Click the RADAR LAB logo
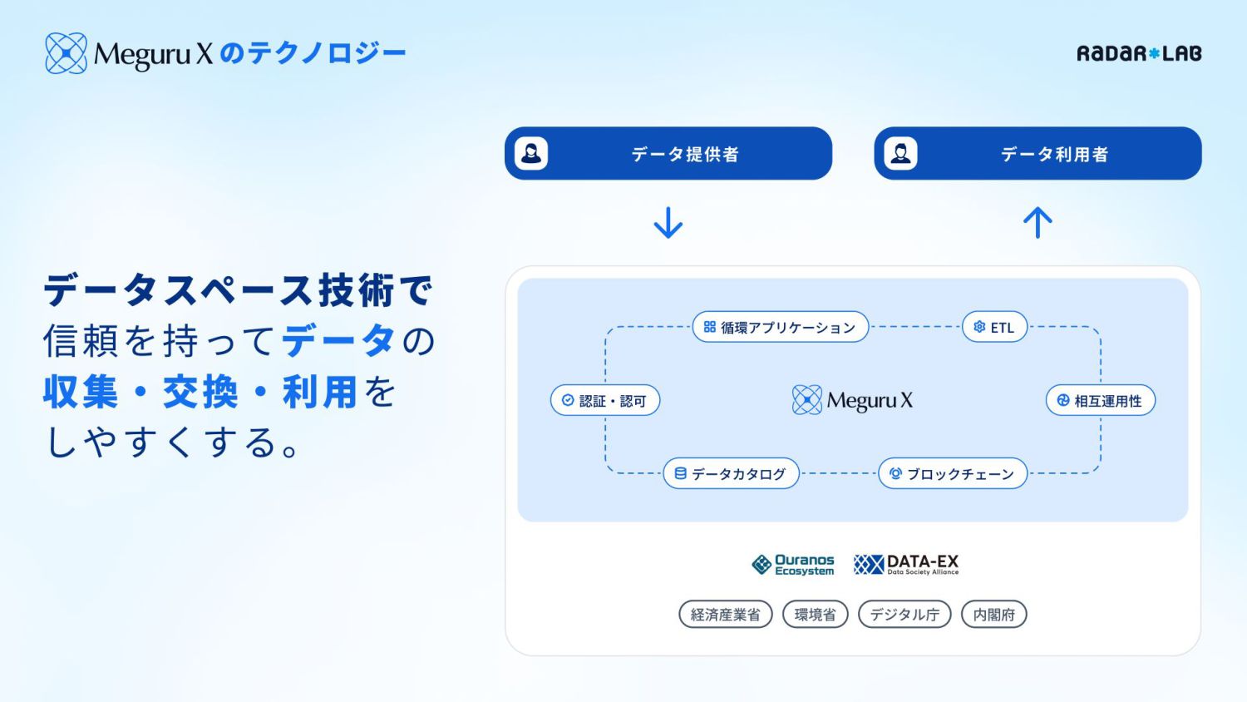pyautogui.click(x=1139, y=54)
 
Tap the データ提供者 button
pyautogui.click(x=668, y=154)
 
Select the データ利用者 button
pyautogui.click(x=1038, y=154)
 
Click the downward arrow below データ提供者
pyautogui.click(x=668, y=223)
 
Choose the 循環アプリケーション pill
pyautogui.click(x=780, y=327)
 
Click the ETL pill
pyautogui.click(x=994, y=327)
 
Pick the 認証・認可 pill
pyautogui.click(x=604, y=400)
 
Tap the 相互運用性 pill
pyautogui.click(x=1100, y=400)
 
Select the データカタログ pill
pyautogui.click(x=731, y=473)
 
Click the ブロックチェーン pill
pyautogui.click(x=953, y=473)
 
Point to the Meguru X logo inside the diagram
pyautogui.click(x=853, y=400)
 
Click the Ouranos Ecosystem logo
pyautogui.click(x=793, y=565)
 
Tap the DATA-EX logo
pyautogui.click(x=906, y=565)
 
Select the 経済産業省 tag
pyautogui.click(x=725, y=615)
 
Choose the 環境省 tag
pyautogui.click(x=815, y=615)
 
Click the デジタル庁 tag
pyautogui.click(x=904, y=615)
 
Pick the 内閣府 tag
pyautogui.click(x=993, y=615)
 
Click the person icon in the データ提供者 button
pyautogui.click(x=531, y=154)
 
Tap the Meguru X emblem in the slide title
pyautogui.click(x=66, y=53)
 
